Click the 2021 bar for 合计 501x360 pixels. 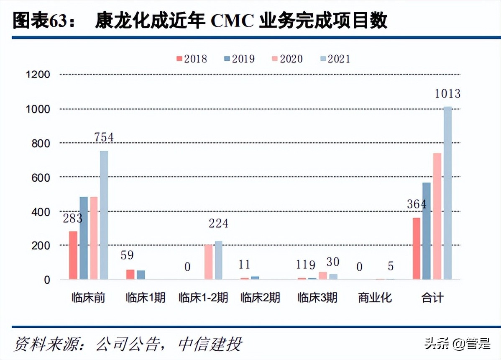tap(447, 193)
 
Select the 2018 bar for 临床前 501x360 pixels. tap(73, 255)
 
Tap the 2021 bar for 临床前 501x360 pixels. tap(104, 215)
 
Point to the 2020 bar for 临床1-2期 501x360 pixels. tap(208, 262)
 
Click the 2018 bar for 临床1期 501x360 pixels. tap(130, 274)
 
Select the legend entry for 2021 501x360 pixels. tap(335, 59)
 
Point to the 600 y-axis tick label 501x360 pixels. tap(41, 177)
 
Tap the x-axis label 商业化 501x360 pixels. tap(375, 298)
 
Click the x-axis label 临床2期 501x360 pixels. tap(260, 298)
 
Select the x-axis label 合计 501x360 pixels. tap(432, 298)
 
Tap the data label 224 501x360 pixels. tap(218, 224)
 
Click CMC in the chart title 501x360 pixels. tap(232, 21)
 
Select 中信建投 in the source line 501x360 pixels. tap(210, 344)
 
